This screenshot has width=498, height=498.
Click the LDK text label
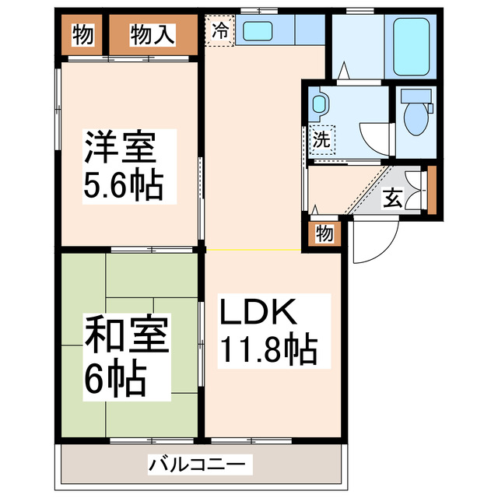coord(256,313)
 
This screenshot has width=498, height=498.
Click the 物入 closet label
coord(153,34)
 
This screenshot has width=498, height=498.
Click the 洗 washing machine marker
coord(321,141)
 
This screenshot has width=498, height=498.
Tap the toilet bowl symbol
coord(417,117)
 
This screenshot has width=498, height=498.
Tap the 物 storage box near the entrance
coord(324,234)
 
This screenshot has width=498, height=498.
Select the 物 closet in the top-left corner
coord(82,34)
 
